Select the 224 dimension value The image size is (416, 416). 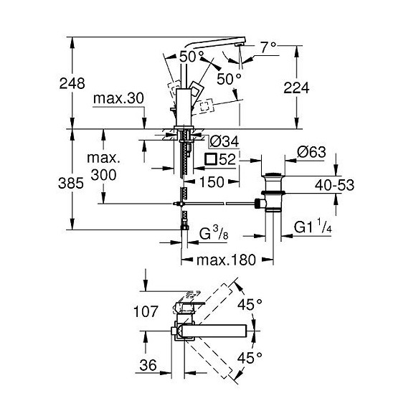(315, 88)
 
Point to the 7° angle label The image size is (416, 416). (268, 48)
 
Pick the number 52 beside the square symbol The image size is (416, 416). (228, 159)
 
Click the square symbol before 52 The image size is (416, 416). (210, 159)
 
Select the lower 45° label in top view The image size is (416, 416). (250, 356)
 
